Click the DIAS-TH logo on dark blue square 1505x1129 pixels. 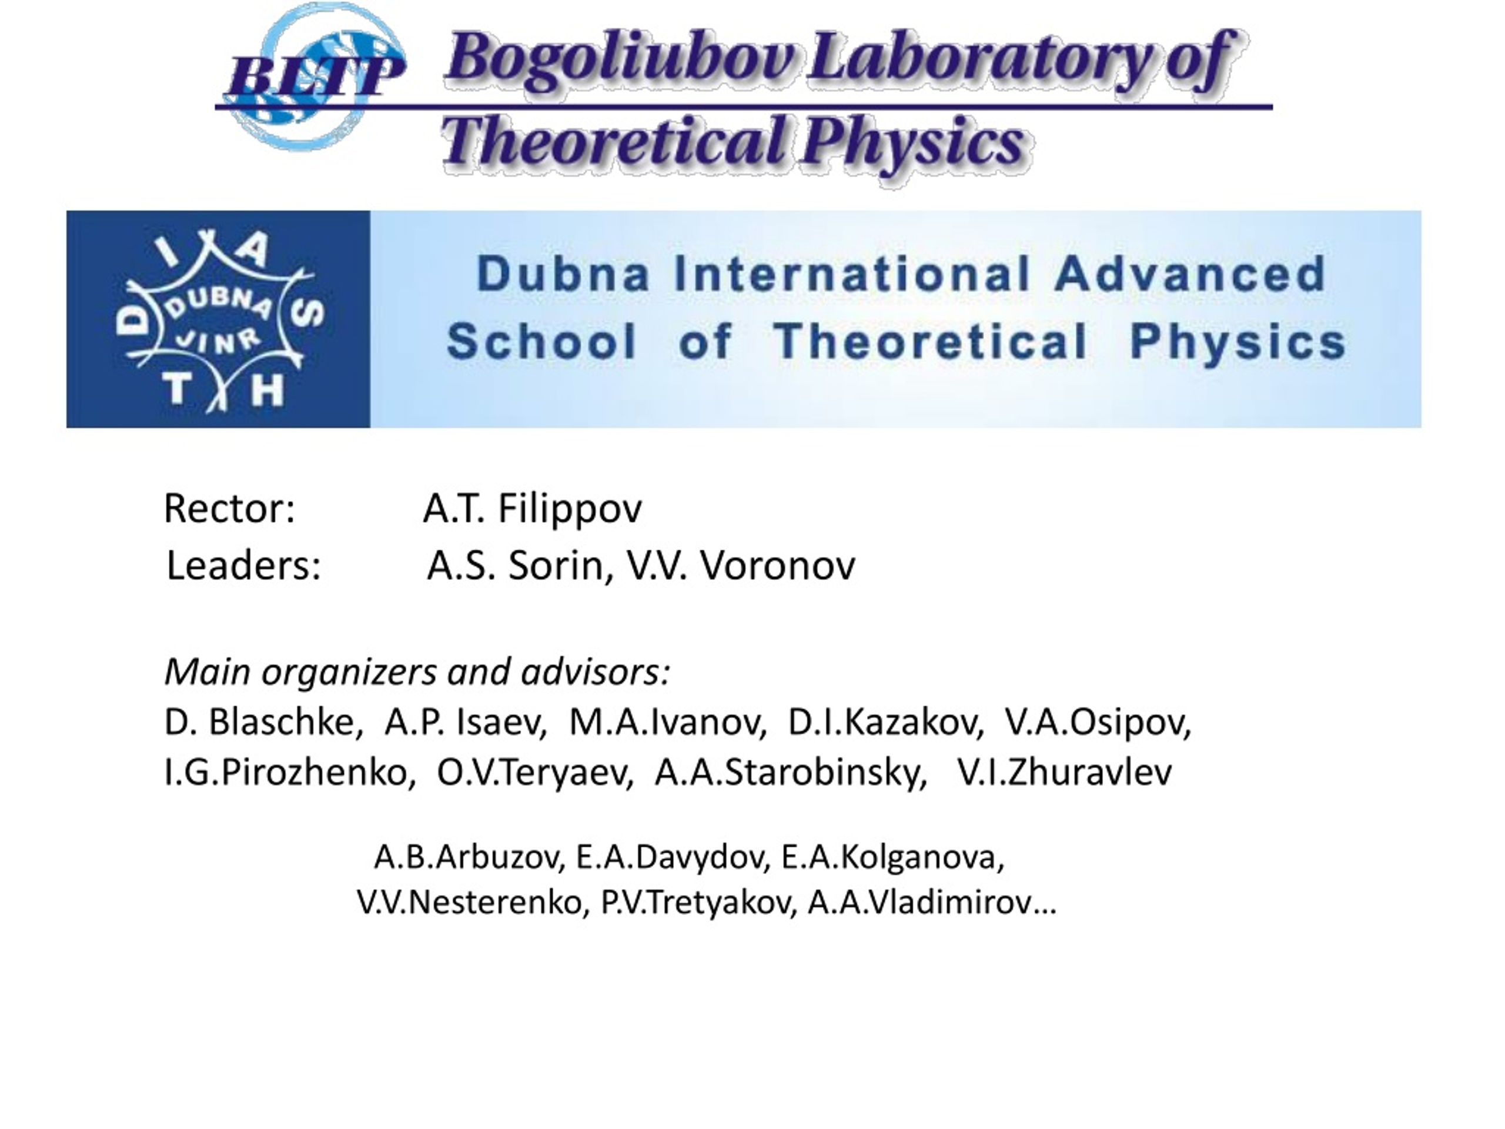(x=219, y=319)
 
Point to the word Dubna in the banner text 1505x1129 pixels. (x=563, y=273)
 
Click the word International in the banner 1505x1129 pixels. (x=852, y=273)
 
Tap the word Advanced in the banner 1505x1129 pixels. (x=1190, y=273)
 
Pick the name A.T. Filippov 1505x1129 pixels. (x=533, y=509)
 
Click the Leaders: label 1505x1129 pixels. (x=243, y=565)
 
